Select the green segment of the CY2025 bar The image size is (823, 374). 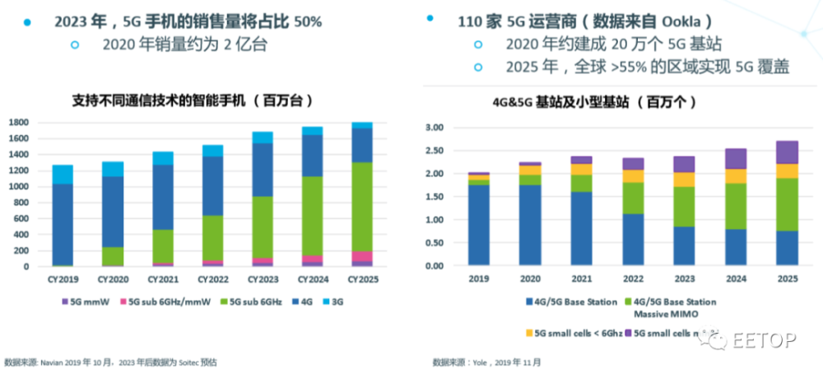tap(361, 206)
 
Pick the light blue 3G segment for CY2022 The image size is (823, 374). tap(212, 151)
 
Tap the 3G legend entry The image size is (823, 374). tap(337, 302)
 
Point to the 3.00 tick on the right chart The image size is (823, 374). tap(433, 128)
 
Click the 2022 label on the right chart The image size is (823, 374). tap(633, 279)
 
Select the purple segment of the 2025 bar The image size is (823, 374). tap(787, 152)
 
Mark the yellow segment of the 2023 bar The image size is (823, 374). tap(684, 180)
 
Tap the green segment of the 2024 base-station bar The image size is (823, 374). tap(736, 206)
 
